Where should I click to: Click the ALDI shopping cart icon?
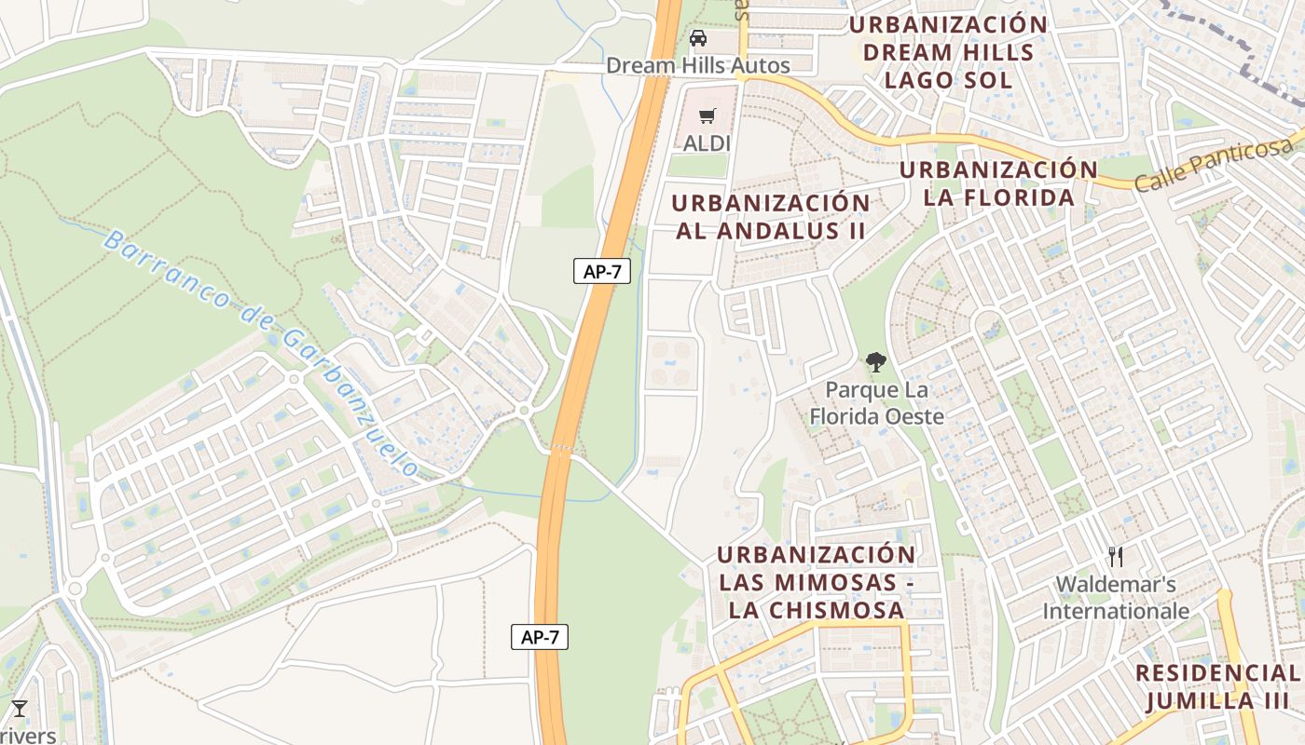click(x=708, y=115)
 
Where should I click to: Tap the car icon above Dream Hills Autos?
click(x=697, y=38)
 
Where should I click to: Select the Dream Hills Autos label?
click(x=697, y=65)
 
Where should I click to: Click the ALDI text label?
click(x=707, y=143)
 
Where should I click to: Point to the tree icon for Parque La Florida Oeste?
click(x=875, y=362)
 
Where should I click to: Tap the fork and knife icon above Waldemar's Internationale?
click(x=1116, y=557)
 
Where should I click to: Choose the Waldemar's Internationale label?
click(x=1116, y=598)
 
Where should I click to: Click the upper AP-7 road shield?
click(x=601, y=272)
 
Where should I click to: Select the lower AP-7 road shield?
click(x=540, y=637)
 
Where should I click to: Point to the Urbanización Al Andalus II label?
click(x=770, y=216)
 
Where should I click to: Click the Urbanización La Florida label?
click(x=998, y=183)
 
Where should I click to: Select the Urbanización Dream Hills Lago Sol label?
click(x=948, y=52)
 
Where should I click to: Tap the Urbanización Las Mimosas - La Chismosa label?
click(x=817, y=582)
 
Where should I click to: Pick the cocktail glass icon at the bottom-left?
click(x=19, y=709)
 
